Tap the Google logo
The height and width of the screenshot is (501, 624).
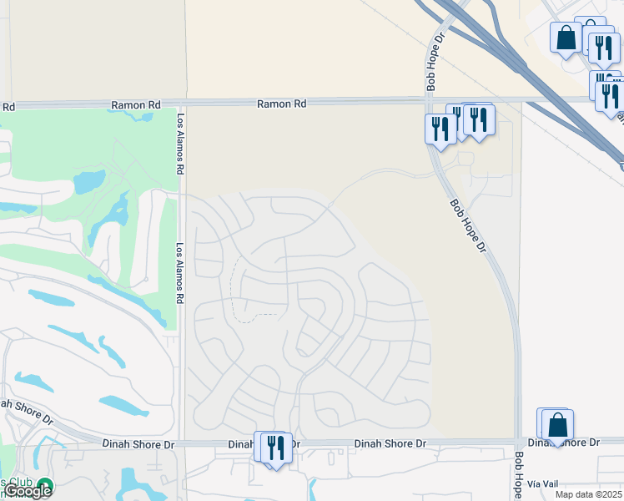point(27,491)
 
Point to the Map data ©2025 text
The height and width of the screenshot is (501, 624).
point(588,494)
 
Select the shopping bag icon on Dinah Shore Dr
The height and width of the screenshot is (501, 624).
point(558,425)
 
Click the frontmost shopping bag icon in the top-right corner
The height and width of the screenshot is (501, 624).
point(566,38)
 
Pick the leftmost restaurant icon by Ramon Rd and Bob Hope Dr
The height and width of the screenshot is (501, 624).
point(439,129)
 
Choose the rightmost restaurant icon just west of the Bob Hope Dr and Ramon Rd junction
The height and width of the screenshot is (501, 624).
point(480,119)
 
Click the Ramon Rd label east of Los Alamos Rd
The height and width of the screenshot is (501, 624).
point(281,104)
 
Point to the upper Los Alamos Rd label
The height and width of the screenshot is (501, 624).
point(179,133)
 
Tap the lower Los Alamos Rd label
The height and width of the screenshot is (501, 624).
point(179,273)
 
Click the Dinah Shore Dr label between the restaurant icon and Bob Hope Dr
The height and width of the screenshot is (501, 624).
point(390,443)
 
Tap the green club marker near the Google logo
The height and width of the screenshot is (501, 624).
point(42,485)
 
